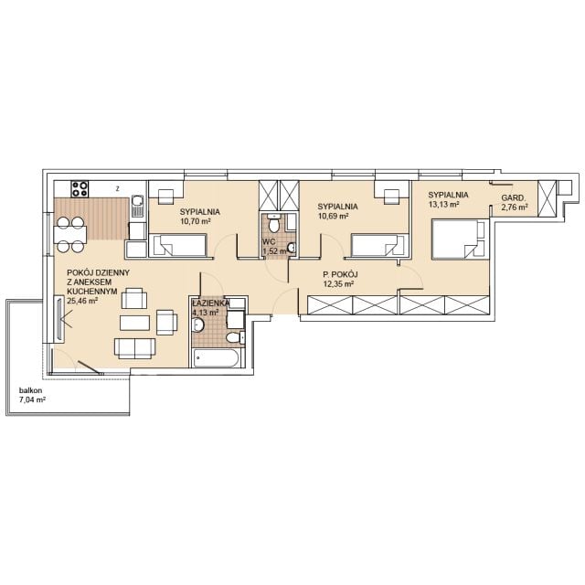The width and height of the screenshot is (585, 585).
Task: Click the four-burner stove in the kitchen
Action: pyautogui.click(x=80, y=189)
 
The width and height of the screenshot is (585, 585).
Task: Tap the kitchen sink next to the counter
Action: pyautogui.click(x=137, y=206)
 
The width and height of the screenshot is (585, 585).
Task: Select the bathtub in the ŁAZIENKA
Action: pyautogui.click(x=217, y=358)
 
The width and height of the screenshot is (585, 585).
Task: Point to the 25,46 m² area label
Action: pyautogui.click(x=82, y=301)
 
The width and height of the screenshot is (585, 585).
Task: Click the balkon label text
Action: pyautogui.click(x=30, y=390)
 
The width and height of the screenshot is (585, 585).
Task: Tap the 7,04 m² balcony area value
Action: pyautogui.click(x=33, y=400)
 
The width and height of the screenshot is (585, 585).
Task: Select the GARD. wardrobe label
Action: pyautogui.click(x=514, y=198)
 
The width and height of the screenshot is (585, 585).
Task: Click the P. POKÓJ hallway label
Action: pyautogui.click(x=340, y=275)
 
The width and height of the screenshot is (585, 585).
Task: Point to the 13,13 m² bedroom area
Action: pyautogui.click(x=443, y=204)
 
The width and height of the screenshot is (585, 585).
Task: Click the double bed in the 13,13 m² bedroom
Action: pyautogui.click(x=460, y=239)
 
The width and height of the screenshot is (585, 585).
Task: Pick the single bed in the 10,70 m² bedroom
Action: pyautogui.click(x=177, y=245)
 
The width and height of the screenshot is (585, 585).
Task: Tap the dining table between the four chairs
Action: pyautogui.click(x=70, y=234)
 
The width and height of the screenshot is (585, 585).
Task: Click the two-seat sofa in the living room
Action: pyautogui.click(x=134, y=348)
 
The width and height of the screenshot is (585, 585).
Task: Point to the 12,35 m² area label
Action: pyautogui.click(x=338, y=284)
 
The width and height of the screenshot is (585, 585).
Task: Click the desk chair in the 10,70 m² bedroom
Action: pyautogui.click(x=165, y=197)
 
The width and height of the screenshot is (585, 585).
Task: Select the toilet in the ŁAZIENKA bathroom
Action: pyautogui.click(x=235, y=338)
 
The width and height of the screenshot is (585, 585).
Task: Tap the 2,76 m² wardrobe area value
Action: pyautogui.click(x=515, y=207)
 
